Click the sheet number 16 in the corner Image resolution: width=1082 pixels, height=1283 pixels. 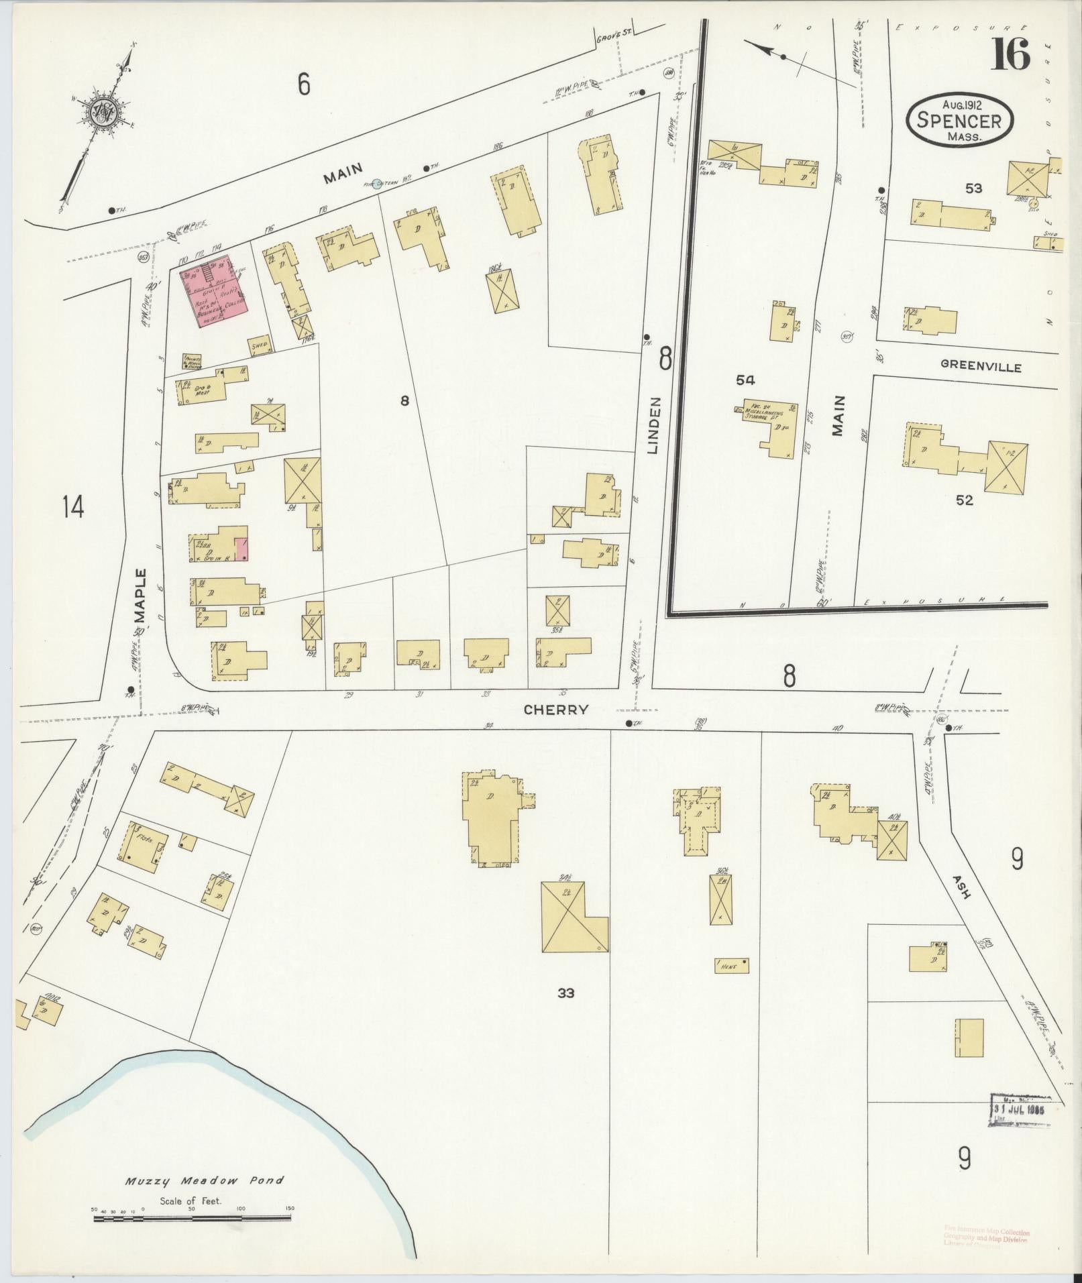pos(1011,54)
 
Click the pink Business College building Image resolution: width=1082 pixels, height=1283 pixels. pos(214,292)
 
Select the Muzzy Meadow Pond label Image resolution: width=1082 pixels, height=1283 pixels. pos(204,1199)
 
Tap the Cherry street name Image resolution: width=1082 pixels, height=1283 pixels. pos(556,709)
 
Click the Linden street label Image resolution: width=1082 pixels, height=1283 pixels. pos(655,427)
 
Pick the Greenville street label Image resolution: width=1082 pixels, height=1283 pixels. pos(980,367)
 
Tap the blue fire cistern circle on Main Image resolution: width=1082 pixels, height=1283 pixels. pos(377,183)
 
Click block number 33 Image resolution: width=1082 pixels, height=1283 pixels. pos(565,993)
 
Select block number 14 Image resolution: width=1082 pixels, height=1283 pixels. pos(72,506)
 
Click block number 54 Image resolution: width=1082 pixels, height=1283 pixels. pos(745,380)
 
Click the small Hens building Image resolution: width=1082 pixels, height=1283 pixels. pos(731,966)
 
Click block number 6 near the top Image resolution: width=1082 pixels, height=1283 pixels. pos(304,85)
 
